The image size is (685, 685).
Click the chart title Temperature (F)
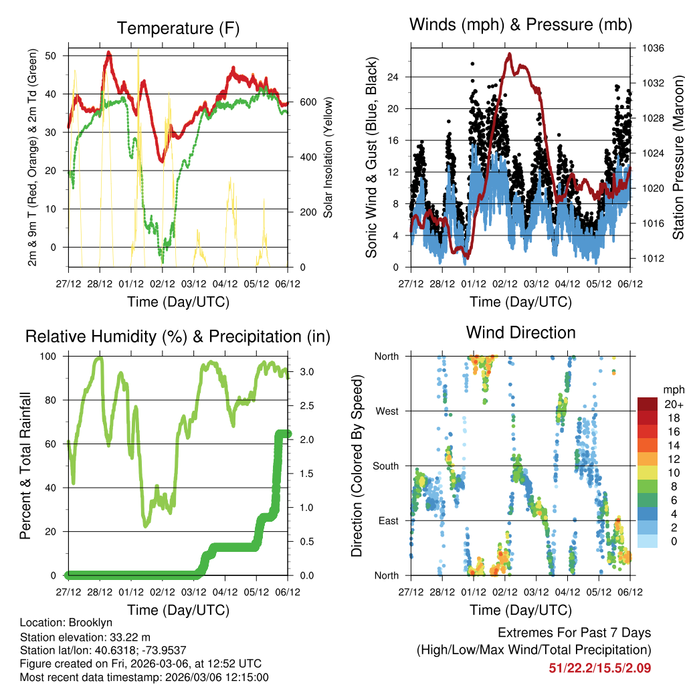point(178,28)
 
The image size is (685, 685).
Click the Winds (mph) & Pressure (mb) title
point(520,25)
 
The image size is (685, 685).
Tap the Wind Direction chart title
point(520,332)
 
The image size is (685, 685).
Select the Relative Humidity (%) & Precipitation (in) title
point(178,336)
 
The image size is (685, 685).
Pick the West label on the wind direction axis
point(385,411)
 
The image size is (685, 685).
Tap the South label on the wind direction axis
point(385,466)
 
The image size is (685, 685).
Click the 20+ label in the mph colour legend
point(673,404)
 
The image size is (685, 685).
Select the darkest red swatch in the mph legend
point(648,404)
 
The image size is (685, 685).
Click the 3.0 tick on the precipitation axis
point(301,371)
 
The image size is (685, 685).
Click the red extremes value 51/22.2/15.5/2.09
point(599,668)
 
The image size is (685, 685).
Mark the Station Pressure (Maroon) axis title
point(678,147)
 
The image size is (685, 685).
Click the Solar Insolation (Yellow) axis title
point(328,158)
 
